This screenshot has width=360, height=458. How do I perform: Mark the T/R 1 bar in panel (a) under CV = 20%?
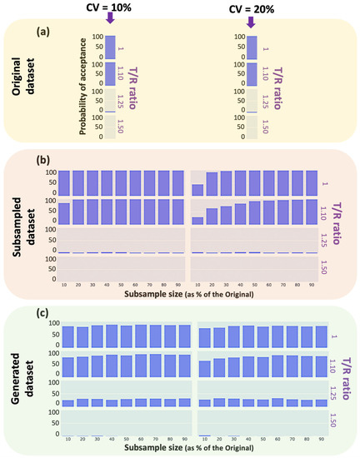point(251,47)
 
